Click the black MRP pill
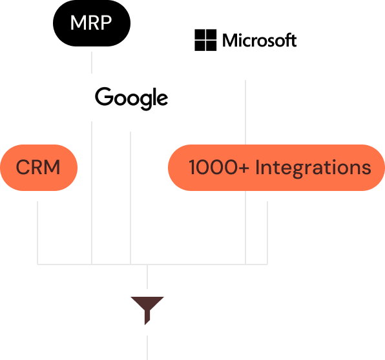(92, 23)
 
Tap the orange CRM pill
(39, 168)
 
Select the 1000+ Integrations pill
(276, 168)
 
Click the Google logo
(131, 98)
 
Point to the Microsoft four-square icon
(205, 40)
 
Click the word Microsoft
(259, 40)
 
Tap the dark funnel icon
(147, 310)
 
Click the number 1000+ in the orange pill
(219, 167)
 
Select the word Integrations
(313, 168)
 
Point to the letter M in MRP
(78, 23)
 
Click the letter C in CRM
(23, 167)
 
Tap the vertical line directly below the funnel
(147, 348)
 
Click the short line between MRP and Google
(92, 63)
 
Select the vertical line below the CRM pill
(37, 233)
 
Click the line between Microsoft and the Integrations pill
(245, 112)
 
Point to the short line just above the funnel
(147, 277)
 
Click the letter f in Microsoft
(287, 40)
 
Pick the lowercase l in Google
(153, 96)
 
